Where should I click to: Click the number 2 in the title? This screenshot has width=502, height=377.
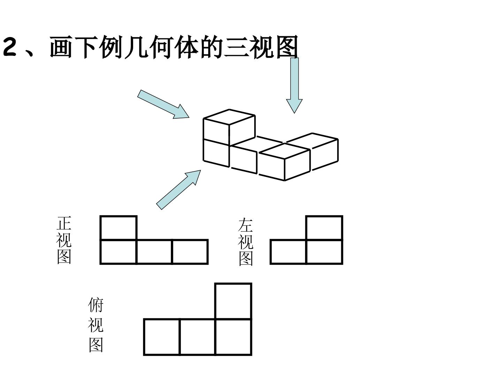click(x=10, y=47)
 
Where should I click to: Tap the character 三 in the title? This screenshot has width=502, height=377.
click(x=236, y=47)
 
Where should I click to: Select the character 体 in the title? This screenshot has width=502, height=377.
click(x=187, y=47)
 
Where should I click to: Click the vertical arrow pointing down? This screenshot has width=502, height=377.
click(x=294, y=86)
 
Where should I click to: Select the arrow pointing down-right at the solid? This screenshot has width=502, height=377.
click(x=163, y=104)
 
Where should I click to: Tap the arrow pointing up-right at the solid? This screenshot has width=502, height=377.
click(x=178, y=190)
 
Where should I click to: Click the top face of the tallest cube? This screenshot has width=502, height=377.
click(x=229, y=117)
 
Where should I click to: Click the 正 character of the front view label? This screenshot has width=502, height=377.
click(x=64, y=223)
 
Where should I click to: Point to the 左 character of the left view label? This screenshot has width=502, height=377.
click(x=245, y=225)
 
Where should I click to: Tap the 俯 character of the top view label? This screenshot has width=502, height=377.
click(x=96, y=305)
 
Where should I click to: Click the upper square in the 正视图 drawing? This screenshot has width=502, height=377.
click(x=119, y=228)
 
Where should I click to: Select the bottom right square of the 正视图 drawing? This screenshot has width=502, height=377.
click(x=190, y=252)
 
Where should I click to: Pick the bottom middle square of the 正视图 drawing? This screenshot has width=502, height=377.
click(x=154, y=252)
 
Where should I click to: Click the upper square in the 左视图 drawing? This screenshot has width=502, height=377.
click(x=324, y=228)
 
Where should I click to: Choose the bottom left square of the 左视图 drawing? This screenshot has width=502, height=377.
click(x=288, y=252)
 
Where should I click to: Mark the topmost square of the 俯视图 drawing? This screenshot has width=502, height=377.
click(x=233, y=301)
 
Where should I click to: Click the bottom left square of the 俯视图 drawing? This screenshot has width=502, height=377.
click(x=162, y=337)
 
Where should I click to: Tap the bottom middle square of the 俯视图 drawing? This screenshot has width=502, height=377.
click(x=198, y=337)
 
